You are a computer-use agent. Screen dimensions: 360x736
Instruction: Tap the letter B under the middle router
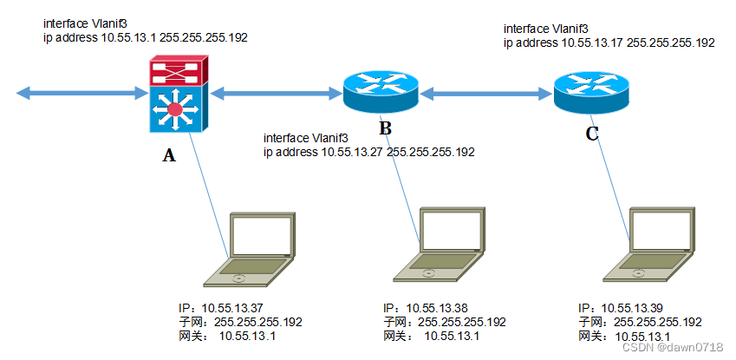pos(385,129)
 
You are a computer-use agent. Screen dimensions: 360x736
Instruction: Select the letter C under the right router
pos(592,134)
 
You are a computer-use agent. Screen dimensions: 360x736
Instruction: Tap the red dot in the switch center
pos(176,109)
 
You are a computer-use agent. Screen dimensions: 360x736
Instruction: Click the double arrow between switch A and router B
pos(274,92)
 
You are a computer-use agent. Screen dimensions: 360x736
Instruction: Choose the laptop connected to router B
pos(442,245)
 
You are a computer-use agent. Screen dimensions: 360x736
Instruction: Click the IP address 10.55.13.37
pos(235,308)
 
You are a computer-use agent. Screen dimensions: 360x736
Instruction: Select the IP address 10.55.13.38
pos(439,309)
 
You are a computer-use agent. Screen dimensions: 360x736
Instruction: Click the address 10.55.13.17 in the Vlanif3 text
pos(593,42)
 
